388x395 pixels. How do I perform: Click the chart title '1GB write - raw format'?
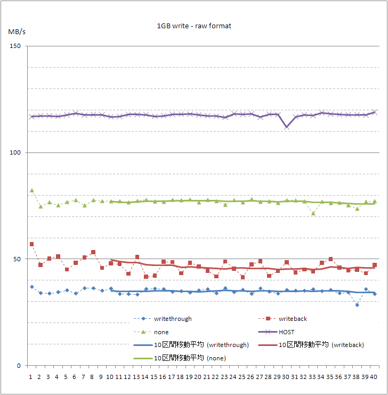pos(194,26)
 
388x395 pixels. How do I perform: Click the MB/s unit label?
pos(16,31)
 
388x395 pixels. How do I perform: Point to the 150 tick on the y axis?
pos(15,46)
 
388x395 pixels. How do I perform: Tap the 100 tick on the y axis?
pos(15,153)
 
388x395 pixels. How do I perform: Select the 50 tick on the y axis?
pos(17,259)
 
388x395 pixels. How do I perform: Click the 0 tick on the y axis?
pos(19,366)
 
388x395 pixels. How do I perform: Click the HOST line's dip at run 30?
pos(287,127)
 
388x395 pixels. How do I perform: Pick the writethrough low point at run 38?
pos(357,304)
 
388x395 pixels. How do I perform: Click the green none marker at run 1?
pos(31,190)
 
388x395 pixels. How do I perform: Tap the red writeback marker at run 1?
pos(31,244)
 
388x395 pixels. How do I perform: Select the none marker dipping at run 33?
pos(313,213)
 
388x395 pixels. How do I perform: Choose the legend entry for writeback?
pos(292,319)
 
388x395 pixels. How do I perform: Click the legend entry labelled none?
pos(161,332)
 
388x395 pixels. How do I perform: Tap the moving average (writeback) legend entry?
pos(321,344)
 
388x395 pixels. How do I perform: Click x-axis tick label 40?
pos(375,376)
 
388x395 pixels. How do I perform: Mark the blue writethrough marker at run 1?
pos(31,287)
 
